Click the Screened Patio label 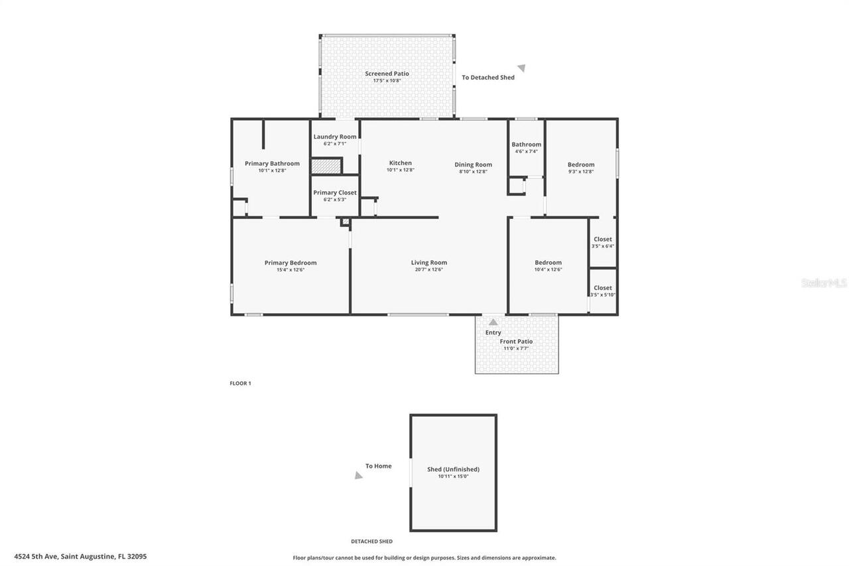(387, 74)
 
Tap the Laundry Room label (335, 137)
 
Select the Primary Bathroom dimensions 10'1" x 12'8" (272, 171)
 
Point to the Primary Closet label (335, 192)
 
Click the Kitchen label (400, 163)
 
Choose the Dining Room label (473, 165)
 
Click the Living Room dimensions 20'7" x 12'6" (428, 269)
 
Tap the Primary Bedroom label (291, 263)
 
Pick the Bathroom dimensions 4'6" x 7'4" (526, 151)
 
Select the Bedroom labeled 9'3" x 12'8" (581, 165)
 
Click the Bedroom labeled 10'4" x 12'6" (548, 263)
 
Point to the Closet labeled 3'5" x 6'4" (603, 240)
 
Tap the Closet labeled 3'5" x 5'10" (603, 288)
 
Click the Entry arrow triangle (493, 322)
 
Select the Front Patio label (516, 342)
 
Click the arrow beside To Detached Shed (522, 68)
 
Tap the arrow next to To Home (358, 475)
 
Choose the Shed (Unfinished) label (453, 469)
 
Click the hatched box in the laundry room (326, 166)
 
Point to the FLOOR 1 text (240, 384)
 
